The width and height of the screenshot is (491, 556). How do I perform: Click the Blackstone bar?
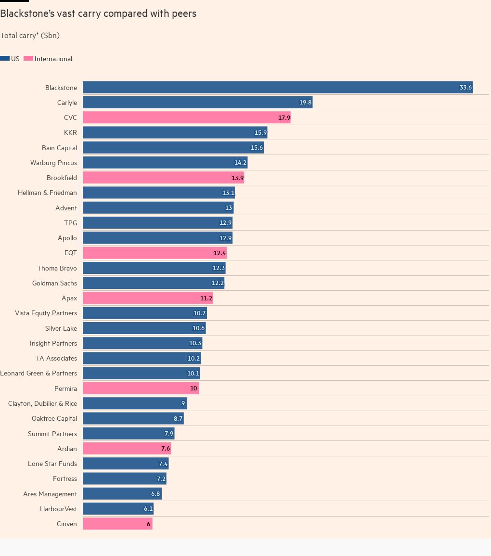pos(277,87)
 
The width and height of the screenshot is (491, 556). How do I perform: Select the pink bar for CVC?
pos(186,117)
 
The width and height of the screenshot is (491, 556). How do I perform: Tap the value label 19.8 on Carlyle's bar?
pos(305,103)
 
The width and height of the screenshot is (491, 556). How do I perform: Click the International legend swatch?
pos(28,59)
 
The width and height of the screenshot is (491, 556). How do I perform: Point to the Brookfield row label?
pos(62,178)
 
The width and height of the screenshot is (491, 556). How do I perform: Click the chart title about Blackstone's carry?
pos(98,13)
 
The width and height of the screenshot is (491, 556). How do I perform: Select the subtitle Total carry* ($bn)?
pos(30,36)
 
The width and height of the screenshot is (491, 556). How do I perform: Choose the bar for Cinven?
pos(117,524)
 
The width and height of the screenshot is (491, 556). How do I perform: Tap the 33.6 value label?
pos(465,88)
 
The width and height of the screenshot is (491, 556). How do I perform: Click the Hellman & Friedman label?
pos(47,193)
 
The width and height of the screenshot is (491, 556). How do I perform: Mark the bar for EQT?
pos(155,253)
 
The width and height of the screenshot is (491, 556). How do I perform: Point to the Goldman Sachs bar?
pos(153,283)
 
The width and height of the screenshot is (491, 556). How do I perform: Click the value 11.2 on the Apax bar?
pos(206,298)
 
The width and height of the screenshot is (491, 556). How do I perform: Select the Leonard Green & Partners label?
pos(39,373)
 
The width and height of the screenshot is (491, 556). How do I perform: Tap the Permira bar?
pos(141,388)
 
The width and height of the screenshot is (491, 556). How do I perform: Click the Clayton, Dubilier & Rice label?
pos(42,403)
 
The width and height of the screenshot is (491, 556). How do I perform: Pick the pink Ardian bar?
pos(127,449)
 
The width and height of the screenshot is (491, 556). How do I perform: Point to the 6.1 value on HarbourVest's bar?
pos(148,509)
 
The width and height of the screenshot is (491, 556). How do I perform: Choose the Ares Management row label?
pos(50,494)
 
